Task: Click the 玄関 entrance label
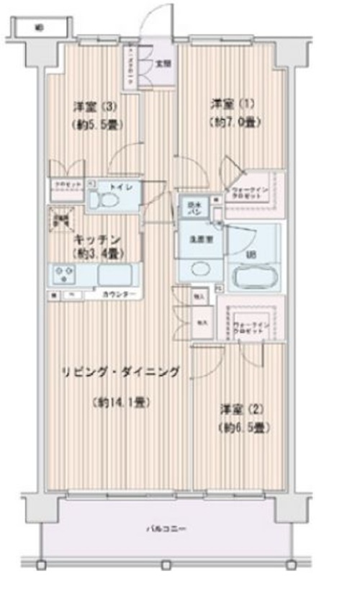coord(163,63)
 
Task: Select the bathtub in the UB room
coord(251,275)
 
